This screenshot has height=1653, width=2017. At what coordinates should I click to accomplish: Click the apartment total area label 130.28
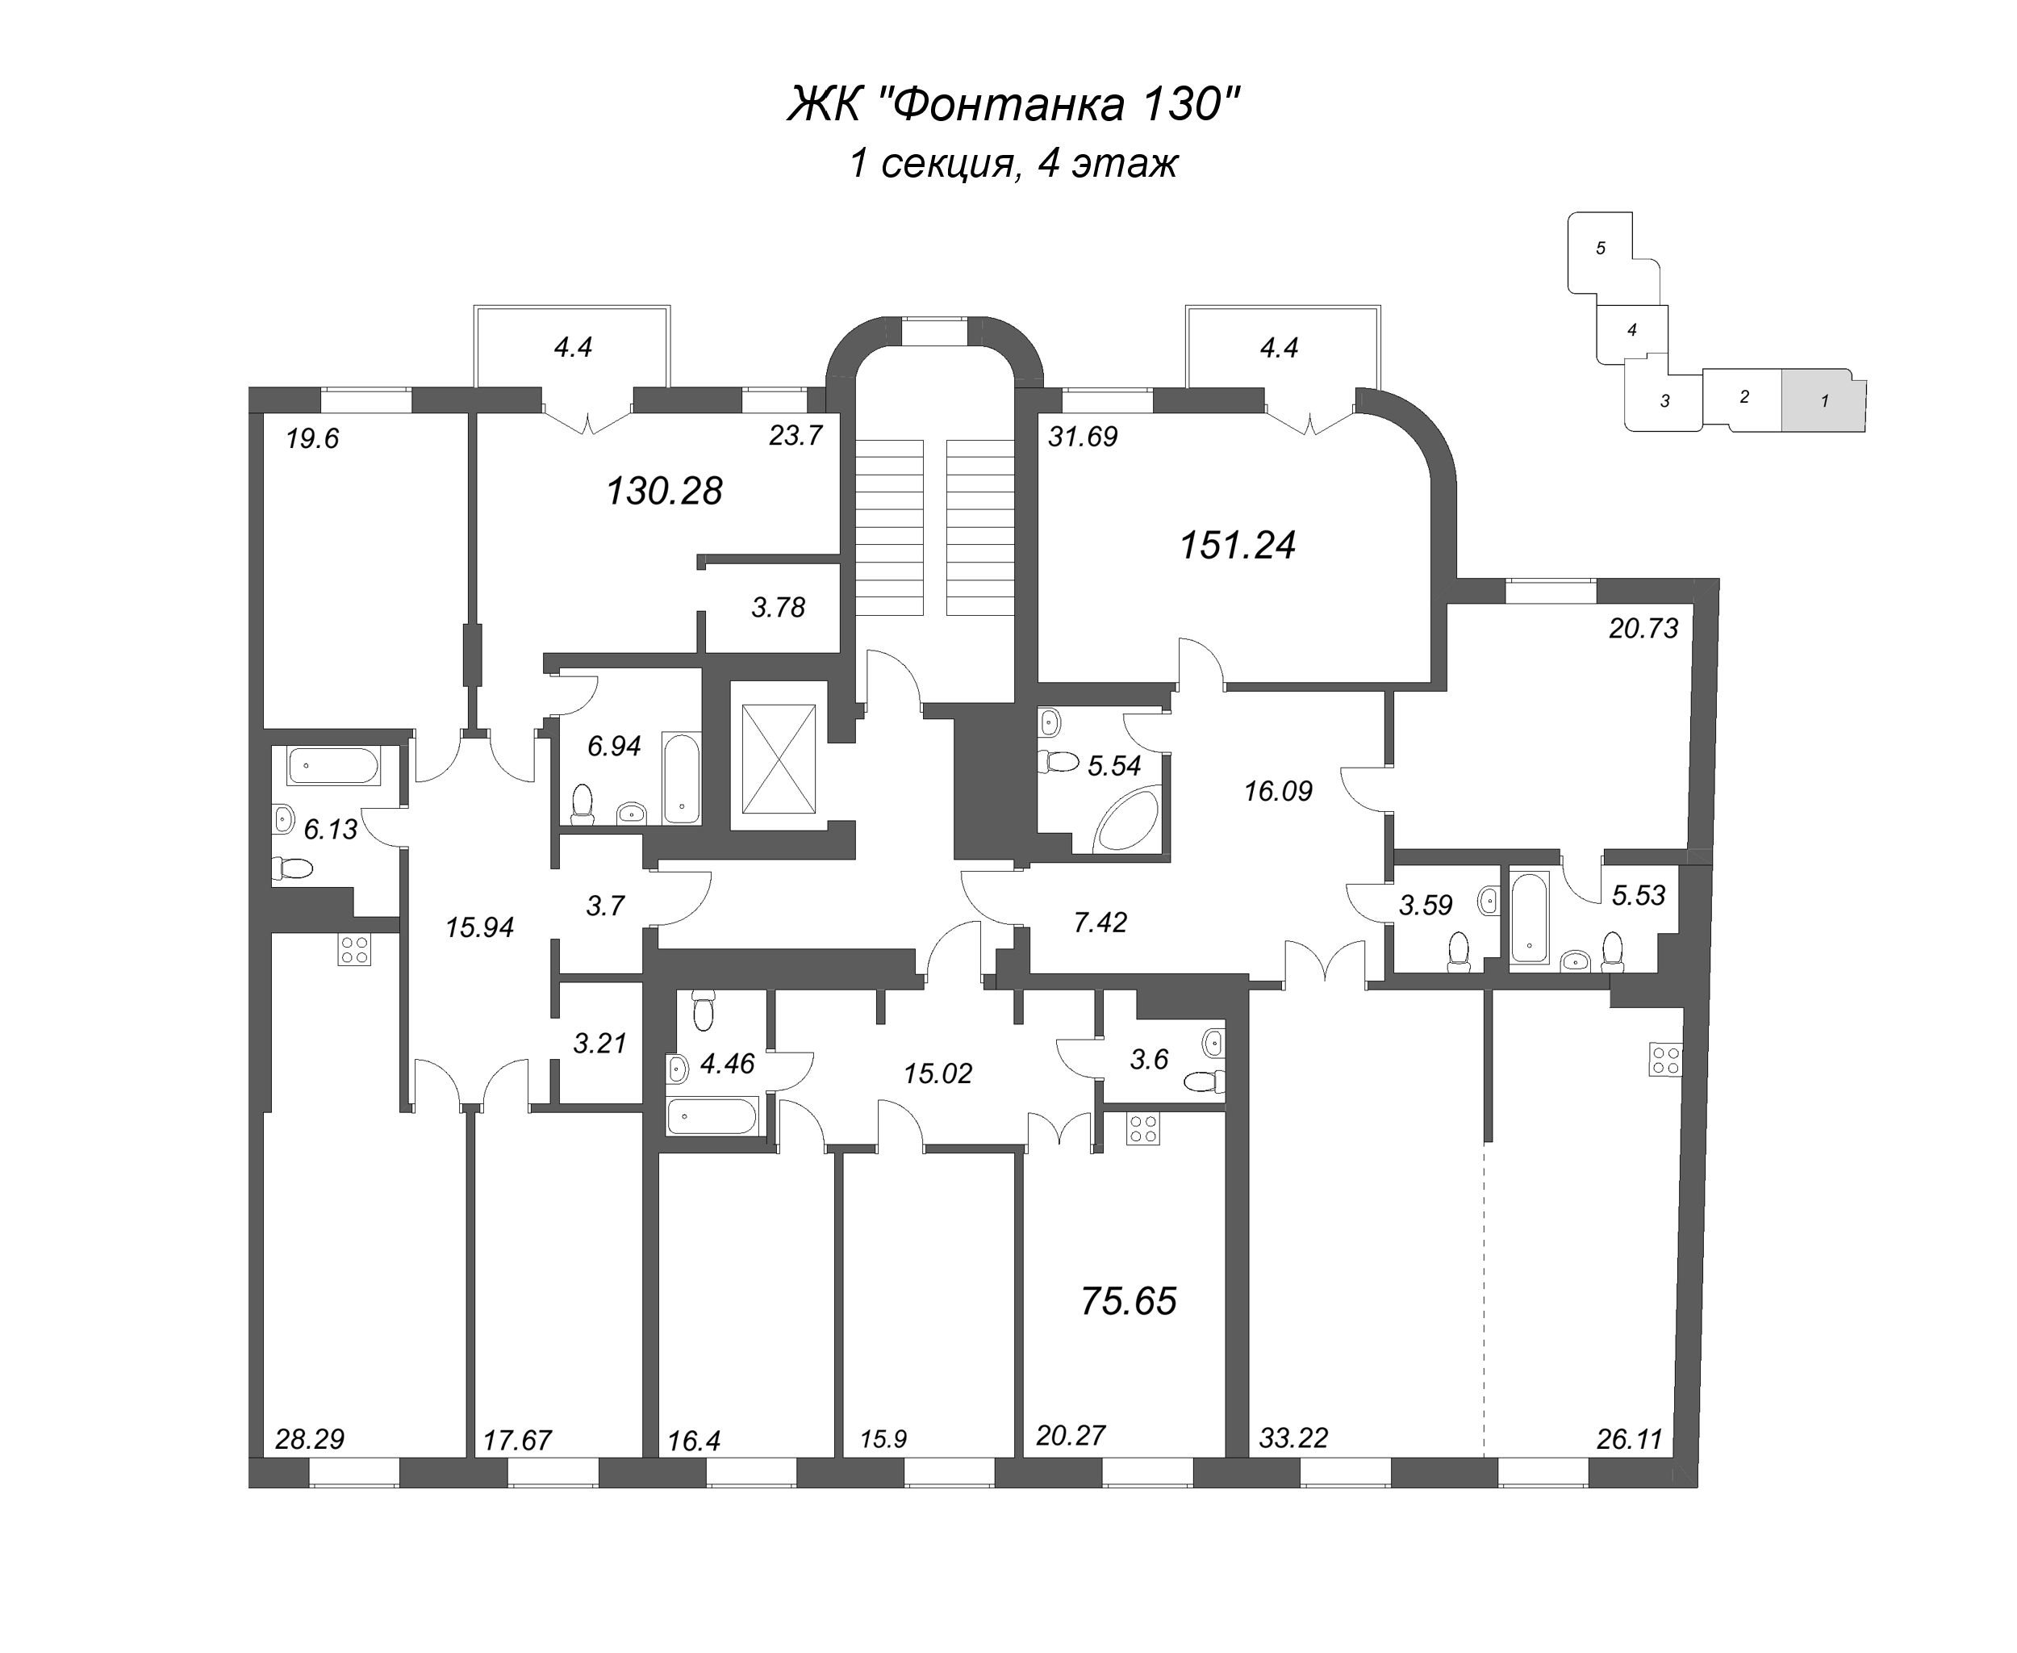coord(665,492)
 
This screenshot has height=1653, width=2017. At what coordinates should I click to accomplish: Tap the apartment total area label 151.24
coord(1237,546)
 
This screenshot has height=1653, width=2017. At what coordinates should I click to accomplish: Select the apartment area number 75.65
coord(1128,1301)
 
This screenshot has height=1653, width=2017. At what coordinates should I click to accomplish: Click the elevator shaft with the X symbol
coord(778,759)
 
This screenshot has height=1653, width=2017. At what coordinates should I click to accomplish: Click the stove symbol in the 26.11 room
coord(1666,1060)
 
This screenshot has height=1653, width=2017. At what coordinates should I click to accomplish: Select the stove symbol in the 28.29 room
coord(353,950)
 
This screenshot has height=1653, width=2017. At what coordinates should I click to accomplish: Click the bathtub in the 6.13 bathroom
coord(333,765)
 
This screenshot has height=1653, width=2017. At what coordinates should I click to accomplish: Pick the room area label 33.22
coord(1292,1437)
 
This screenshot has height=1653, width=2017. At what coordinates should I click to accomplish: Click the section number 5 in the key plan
coord(1600,248)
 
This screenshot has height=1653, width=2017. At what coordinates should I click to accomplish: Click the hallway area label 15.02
coord(937,1073)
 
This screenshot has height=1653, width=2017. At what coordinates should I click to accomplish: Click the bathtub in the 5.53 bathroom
coord(1530,916)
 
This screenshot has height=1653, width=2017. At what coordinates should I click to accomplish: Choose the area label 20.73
coord(1643,629)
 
